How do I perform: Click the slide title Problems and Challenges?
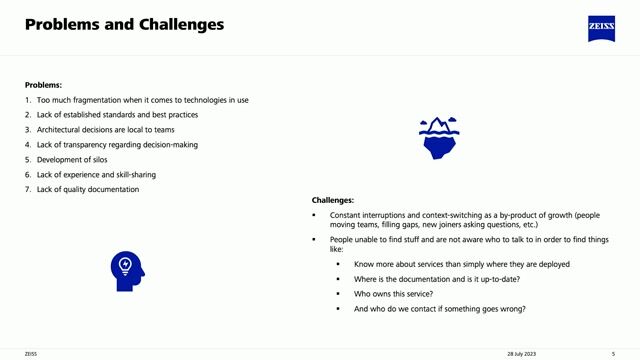coord(124,23)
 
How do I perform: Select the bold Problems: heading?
coord(43,85)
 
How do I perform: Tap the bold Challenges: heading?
coord(332,200)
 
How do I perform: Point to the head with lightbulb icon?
coord(127,268)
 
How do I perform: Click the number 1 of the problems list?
coord(27,100)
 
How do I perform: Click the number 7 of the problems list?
coord(27,190)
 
